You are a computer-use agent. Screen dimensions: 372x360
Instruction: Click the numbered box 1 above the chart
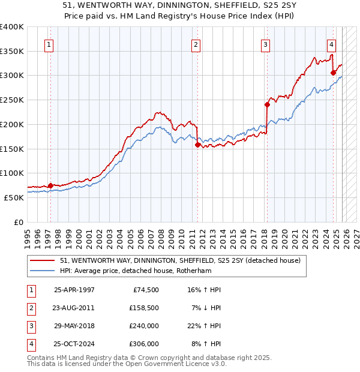click(48, 44)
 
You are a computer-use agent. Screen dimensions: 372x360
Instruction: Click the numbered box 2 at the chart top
click(196, 44)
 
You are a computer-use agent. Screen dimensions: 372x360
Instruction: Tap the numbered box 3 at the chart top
click(265, 44)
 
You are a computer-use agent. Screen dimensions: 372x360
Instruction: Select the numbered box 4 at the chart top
click(331, 44)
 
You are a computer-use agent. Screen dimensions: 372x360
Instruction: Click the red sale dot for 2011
click(197, 144)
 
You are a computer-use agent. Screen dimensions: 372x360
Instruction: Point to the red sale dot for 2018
click(267, 104)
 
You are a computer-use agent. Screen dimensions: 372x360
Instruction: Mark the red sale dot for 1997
click(50, 185)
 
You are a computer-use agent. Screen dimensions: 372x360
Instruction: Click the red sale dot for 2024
click(333, 72)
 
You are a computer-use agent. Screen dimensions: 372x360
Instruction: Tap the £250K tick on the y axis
click(12, 100)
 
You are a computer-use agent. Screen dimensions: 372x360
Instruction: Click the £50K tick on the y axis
click(14, 197)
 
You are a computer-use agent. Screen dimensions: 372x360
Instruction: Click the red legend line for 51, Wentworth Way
click(43, 260)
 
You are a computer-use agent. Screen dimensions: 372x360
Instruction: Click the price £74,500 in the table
click(144, 290)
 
